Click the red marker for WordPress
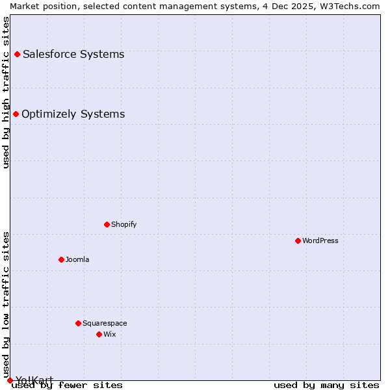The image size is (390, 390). (x=298, y=240)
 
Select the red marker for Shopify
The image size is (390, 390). (x=107, y=224)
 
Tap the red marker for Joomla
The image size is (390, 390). (x=61, y=259)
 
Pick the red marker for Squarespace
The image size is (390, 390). (x=78, y=323)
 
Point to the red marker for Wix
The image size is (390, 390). (x=99, y=334)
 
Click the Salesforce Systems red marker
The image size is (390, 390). (x=17, y=54)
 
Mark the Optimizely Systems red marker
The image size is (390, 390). (x=16, y=114)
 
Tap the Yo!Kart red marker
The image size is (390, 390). (x=10, y=380)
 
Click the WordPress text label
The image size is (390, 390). (x=320, y=240)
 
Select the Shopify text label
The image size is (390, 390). (x=123, y=224)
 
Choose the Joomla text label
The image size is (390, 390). (x=77, y=259)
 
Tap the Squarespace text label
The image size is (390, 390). (x=105, y=323)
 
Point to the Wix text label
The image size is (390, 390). (x=109, y=334)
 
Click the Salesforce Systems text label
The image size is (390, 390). (x=73, y=54)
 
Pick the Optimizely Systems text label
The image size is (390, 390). (x=73, y=114)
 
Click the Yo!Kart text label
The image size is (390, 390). (x=34, y=380)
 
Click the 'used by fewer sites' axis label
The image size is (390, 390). (x=67, y=385)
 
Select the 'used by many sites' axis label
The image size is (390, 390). (x=326, y=385)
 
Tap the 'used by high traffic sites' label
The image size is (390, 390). (x=6, y=92)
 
